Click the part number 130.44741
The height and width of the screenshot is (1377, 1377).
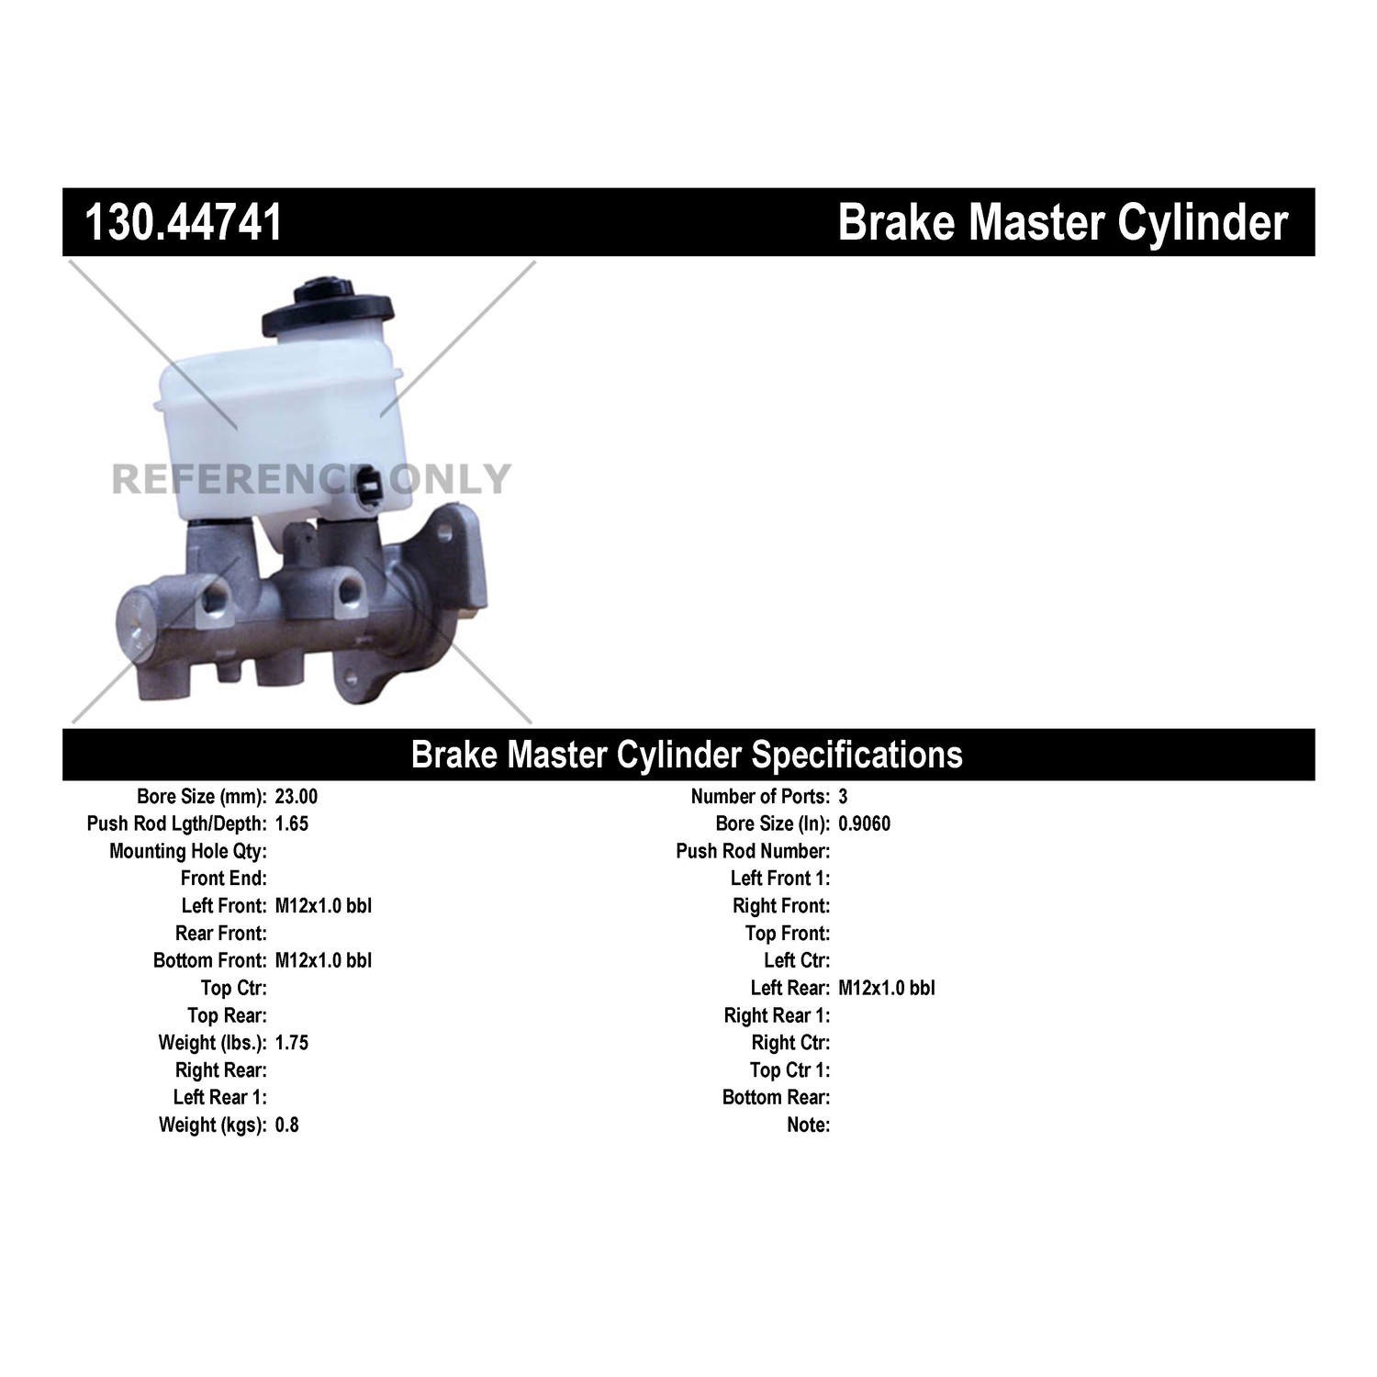[184, 223]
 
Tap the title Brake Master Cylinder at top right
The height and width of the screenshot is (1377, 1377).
[1063, 223]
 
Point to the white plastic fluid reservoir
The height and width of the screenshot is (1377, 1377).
[280, 422]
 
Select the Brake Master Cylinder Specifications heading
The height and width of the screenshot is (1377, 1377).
[687, 755]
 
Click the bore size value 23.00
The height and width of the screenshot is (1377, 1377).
[297, 797]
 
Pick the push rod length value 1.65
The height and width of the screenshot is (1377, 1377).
[292, 824]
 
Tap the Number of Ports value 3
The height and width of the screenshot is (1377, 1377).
[843, 797]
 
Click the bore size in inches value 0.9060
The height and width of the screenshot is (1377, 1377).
[864, 824]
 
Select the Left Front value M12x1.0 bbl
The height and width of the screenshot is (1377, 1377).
[323, 906]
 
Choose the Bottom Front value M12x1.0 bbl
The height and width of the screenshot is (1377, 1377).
[323, 961]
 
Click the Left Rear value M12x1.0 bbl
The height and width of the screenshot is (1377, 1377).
[887, 989]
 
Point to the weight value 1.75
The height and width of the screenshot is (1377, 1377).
[292, 1043]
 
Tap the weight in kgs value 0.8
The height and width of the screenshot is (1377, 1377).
[287, 1125]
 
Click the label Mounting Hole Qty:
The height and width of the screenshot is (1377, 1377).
[188, 852]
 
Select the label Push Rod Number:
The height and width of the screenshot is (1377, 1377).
[753, 852]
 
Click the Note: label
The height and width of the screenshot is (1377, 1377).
[809, 1125]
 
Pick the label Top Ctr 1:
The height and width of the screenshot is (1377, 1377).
[789, 1070]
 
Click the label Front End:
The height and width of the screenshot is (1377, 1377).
[224, 879]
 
